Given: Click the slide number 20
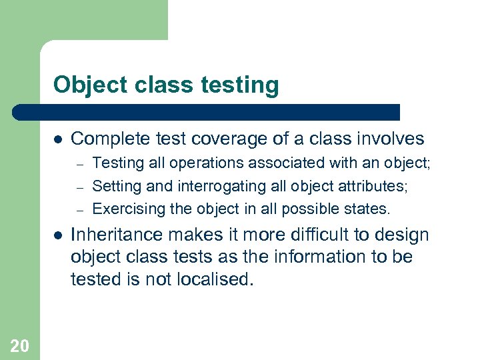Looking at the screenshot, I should pyautogui.click(x=19, y=345).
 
